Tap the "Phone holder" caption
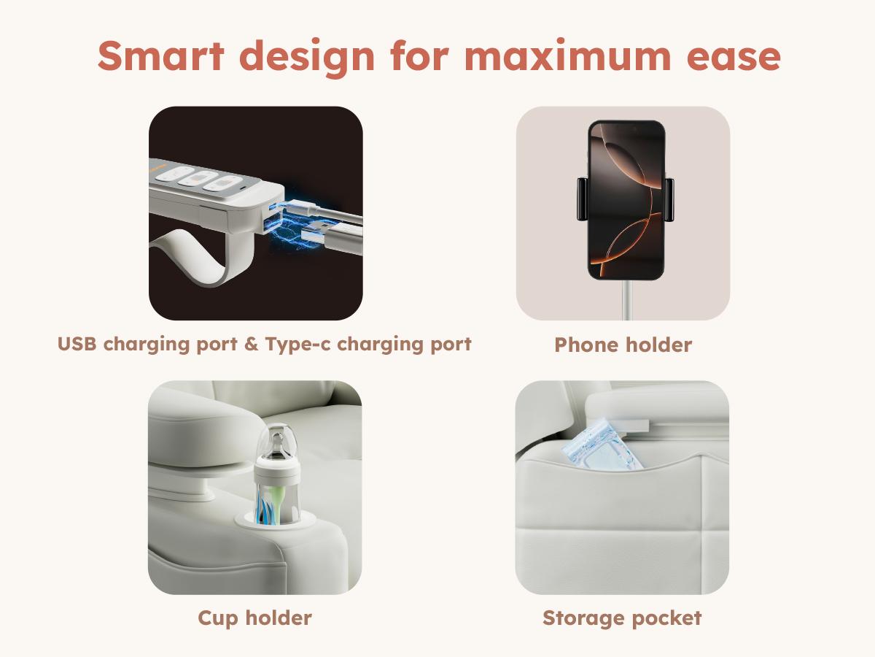(623, 345)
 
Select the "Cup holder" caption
(254, 618)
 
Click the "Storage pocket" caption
(622, 618)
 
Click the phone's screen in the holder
(626, 201)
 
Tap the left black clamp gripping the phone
(582, 199)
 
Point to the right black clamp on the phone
(668, 199)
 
